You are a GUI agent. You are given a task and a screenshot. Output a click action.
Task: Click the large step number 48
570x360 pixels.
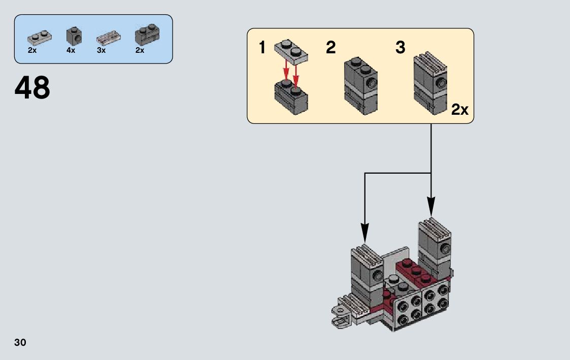(32, 88)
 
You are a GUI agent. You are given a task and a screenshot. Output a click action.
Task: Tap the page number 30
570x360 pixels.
(20, 343)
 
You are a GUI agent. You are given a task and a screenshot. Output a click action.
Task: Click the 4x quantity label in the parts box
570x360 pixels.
(71, 50)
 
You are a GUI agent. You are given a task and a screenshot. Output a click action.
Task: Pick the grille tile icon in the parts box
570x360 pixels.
(109, 38)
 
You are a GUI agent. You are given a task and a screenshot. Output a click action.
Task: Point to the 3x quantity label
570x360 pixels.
(101, 50)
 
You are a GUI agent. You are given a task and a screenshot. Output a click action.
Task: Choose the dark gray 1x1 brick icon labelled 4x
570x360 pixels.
(74, 36)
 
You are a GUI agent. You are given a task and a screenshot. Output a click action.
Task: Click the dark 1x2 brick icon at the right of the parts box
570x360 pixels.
(147, 35)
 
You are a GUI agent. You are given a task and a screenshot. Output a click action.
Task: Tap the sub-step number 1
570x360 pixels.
(262, 48)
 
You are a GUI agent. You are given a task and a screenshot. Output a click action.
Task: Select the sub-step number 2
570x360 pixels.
(331, 48)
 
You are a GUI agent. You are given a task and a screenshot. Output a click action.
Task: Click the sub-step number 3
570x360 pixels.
(400, 48)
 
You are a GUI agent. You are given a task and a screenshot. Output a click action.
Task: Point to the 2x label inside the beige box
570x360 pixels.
(460, 109)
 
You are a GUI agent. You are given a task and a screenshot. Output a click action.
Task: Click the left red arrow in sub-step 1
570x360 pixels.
(286, 71)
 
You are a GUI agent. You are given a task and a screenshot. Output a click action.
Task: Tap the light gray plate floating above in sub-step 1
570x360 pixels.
(291, 52)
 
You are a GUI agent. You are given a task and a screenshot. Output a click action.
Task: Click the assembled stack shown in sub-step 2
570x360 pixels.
(360, 85)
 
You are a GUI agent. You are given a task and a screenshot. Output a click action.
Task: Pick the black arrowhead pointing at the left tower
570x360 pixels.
(364, 233)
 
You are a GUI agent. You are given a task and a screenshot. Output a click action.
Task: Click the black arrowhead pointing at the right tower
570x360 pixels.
(431, 207)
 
